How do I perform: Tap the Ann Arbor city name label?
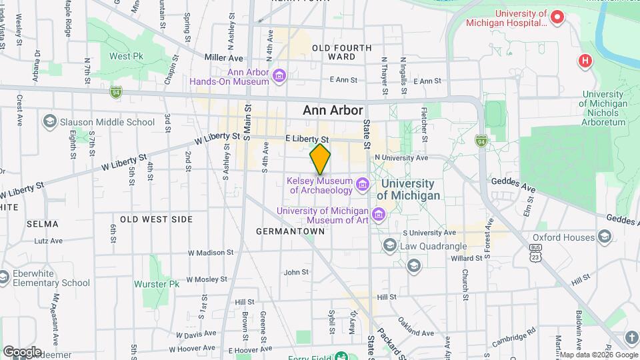click(333, 111)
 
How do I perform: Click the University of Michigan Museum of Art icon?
click(379, 215)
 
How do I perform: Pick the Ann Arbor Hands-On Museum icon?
click(279, 76)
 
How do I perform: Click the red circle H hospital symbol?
click(585, 61)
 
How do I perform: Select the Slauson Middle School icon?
click(49, 121)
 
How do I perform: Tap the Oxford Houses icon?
click(604, 237)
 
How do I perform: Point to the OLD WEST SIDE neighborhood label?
click(157, 219)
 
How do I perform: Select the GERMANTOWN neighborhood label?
click(290, 231)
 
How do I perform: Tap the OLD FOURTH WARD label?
click(342, 52)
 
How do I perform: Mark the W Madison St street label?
click(210, 253)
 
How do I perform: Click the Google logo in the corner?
click(22, 351)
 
